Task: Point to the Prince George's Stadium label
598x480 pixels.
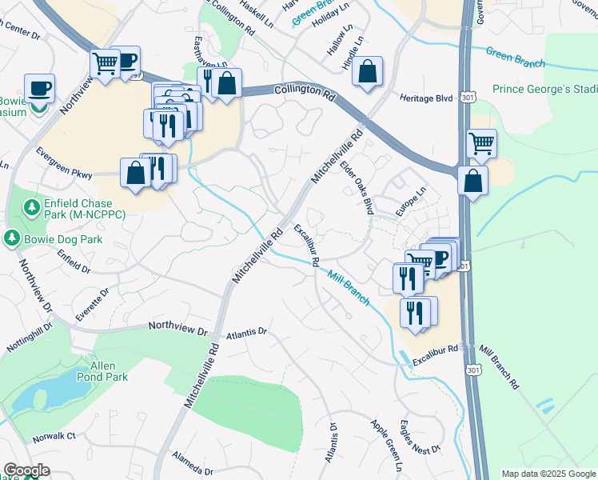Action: [544, 89]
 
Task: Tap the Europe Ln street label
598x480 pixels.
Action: [412, 205]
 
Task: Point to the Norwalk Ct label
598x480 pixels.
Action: [54, 437]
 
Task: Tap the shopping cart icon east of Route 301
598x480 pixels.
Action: [481, 144]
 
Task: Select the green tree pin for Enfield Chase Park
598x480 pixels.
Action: [33, 208]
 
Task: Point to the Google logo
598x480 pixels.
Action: [27, 470]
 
